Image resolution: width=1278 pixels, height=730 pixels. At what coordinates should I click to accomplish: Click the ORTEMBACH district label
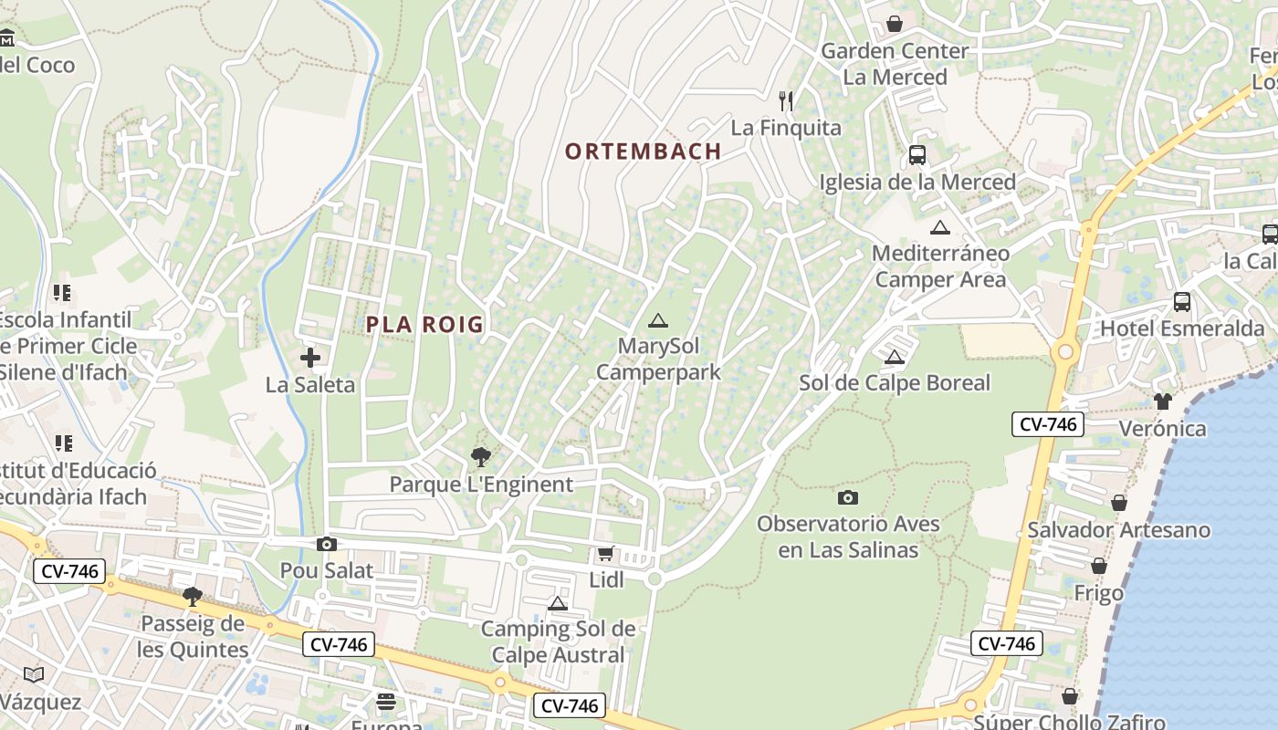click(643, 151)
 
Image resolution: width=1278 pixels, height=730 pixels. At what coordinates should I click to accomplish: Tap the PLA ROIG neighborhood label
click(424, 324)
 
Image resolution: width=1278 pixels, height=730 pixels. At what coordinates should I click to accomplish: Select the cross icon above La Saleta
click(310, 358)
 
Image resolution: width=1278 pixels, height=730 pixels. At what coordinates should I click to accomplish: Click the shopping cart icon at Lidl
click(605, 553)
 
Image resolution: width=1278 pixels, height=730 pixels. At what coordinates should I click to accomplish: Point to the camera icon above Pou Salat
click(326, 545)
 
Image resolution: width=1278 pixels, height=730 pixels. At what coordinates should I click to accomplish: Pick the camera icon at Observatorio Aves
click(848, 497)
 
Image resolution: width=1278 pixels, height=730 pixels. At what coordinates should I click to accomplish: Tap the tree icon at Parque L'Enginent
click(480, 457)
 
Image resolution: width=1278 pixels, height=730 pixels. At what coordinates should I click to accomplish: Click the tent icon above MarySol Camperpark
click(657, 321)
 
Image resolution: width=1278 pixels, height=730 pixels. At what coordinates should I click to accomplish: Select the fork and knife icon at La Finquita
click(786, 100)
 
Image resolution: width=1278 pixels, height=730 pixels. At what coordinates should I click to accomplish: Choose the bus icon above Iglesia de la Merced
click(917, 155)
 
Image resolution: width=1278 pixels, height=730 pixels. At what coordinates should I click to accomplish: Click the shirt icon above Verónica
click(1162, 401)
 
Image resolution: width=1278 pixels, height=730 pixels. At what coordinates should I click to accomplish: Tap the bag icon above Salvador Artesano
click(1119, 503)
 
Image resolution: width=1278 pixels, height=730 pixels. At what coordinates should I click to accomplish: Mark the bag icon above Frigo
click(1099, 566)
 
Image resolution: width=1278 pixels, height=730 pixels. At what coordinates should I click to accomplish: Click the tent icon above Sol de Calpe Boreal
click(895, 357)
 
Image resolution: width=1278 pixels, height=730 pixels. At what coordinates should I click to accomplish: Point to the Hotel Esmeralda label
click(1182, 328)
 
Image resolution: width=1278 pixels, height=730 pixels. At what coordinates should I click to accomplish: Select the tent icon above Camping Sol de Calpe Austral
click(558, 603)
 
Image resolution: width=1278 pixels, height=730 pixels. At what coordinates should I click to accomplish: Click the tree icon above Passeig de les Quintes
click(193, 597)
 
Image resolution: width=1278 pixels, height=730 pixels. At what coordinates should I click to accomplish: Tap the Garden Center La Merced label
click(894, 64)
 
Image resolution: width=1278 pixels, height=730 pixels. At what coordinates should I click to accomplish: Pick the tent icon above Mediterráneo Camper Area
click(940, 227)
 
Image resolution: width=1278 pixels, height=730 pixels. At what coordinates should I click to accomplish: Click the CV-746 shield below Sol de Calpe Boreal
click(1047, 424)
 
